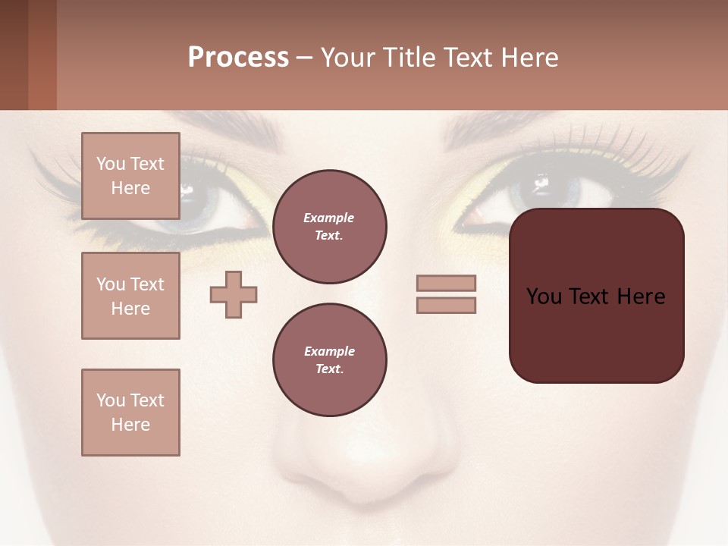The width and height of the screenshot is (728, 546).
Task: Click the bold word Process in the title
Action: pyautogui.click(x=238, y=58)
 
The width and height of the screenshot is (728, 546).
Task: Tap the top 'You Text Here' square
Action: pyautogui.click(x=130, y=176)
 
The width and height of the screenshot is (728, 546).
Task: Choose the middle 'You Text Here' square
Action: pyautogui.click(x=130, y=296)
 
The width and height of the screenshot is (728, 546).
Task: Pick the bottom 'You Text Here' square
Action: pyautogui.click(x=130, y=412)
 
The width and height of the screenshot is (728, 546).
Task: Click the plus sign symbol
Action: pyautogui.click(x=234, y=294)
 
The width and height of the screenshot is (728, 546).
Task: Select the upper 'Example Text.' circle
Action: pyautogui.click(x=329, y=227)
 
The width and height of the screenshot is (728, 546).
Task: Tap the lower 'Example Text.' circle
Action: pyautogui.click(x=329, y=360)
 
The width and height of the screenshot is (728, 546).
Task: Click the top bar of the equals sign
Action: pyautogui.click(x=446, y=283)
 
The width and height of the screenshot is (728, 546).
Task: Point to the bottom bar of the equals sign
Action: pyautogui.click(x=446, y=305)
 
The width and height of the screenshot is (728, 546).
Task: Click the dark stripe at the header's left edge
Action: pyautogui.click(x=14, y=55)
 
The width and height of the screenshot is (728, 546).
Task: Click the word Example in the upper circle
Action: pyautogui.click(x=328, y=218)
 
